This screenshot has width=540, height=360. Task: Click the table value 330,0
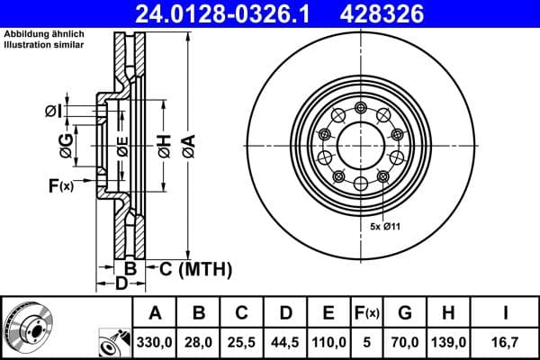tap(155, 342)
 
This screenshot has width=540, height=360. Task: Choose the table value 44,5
tap(285, 342)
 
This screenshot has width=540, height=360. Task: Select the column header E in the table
tap(329, 313)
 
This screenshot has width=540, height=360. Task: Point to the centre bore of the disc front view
tap(359, 147)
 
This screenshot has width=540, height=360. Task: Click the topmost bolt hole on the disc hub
tap(359, 109)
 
